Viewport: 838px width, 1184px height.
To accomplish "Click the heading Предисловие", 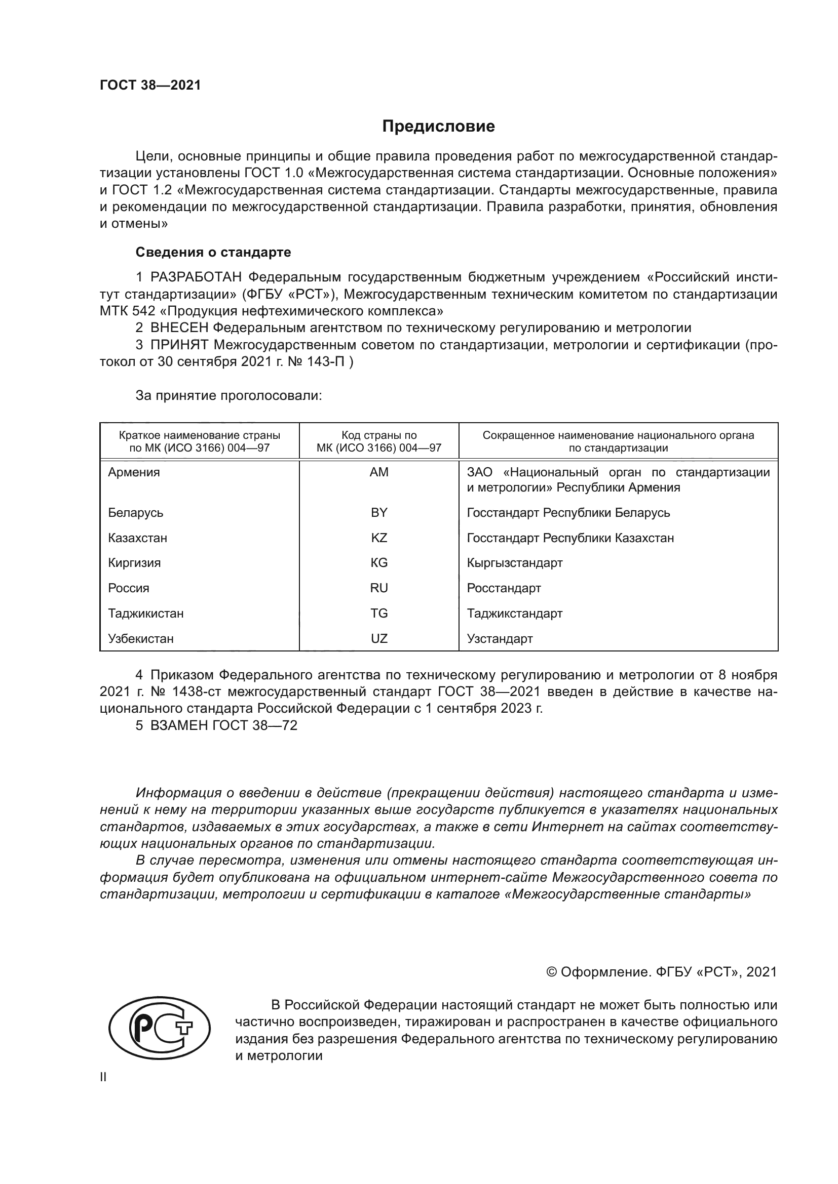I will [438, 127].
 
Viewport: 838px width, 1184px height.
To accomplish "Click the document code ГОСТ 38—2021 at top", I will [150, 85].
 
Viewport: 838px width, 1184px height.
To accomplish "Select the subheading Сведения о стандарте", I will [213, 252].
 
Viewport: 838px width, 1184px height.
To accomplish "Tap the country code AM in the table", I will [379, 472].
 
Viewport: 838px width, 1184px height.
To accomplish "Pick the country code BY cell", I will [379, 513].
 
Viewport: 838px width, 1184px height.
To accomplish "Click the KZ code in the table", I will [379, 538].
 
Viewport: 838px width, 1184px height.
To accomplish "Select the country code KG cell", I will [379, 562].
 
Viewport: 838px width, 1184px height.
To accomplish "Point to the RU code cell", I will [379, 588].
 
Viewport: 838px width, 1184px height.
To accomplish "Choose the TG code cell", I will [379, 613].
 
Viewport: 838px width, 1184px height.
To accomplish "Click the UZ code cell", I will [379, 638].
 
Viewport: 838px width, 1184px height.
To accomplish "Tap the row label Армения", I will [134, 472].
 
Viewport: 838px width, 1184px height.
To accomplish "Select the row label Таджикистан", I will [145, 613].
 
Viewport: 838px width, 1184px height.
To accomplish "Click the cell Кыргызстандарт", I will [514, 562].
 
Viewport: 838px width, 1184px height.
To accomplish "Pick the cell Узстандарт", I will [500, 638].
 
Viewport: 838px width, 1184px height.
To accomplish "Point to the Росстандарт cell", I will [504, 588].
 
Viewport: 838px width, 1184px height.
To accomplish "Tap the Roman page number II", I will [103, 1077].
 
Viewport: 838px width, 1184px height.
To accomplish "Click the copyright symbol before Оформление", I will [552, 972].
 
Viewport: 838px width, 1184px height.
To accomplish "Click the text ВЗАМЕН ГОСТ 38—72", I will [223, 725].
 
